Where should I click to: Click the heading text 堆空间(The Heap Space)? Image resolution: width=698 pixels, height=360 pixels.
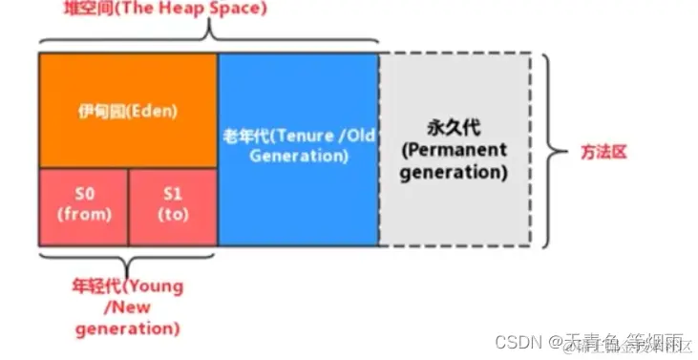pyautogui.click(x=133, y=9)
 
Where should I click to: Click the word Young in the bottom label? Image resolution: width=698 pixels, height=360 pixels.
pyautogui.click(x=152, y=286)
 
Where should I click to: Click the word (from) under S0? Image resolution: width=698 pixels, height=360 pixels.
pyautogui.click(x=84, y=214)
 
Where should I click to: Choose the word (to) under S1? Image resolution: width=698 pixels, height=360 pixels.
pyautogui.click(x=173, y=214)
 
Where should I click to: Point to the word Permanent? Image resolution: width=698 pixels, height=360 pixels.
pyautogui.click(x=454, y=151)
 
